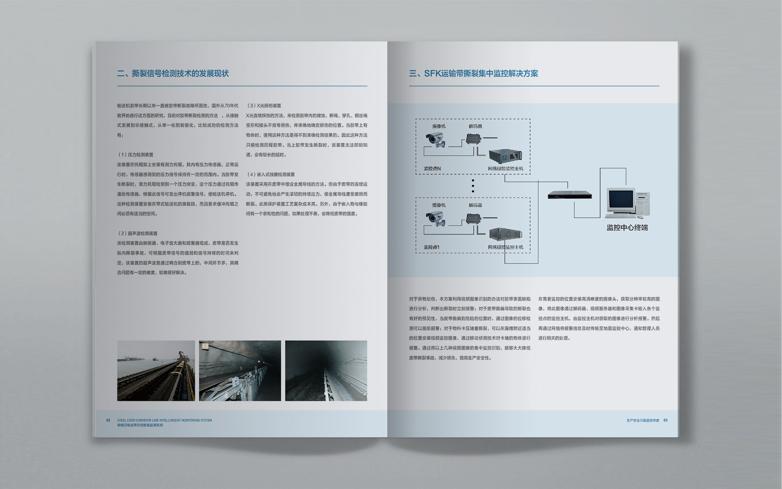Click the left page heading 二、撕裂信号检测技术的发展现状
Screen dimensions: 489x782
pyautogui.click(x=173, y=74)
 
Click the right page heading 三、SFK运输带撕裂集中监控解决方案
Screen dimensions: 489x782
pyautogui.click(x=473, y=74)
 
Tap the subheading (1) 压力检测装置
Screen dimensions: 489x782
pyautogui.click(x=136, y=155)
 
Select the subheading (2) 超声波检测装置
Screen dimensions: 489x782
pyautogui.click(x=138, y=234)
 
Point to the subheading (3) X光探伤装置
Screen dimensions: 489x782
pyautogui.click(x=264, y=106)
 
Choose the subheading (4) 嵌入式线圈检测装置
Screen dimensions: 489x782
pyautogui.click(x=271, y=175)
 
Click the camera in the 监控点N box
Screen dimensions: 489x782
pyautogui.click(x=436, y=140)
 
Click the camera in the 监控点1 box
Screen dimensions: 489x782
pyautogui.click(x=436, y=218)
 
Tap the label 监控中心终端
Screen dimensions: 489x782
pyautogui.click(x=627, y=228)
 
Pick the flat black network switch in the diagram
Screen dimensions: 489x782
pyautogui.click(x=570, y=195)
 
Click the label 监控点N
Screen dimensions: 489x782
pyautogui.click(x=432, y=169)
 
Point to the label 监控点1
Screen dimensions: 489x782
pyautogui.click(x=431, y=247)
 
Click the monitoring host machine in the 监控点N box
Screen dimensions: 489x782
pyautogui.click(x=505, y=156)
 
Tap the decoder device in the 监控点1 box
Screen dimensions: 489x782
pyautogui.click(x=473, y=219)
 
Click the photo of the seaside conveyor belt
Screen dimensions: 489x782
pyautogui.click(x=156, y=371)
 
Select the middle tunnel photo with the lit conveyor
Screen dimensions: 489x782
pyautogui.click(x=240, y=371)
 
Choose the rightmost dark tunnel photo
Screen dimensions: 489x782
pyautogui.click(x=326, y=371)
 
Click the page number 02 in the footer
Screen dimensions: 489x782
pyautogui.click(x=108, y=420)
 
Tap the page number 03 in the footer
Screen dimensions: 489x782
pyautogui.click(x=665, y=420)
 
